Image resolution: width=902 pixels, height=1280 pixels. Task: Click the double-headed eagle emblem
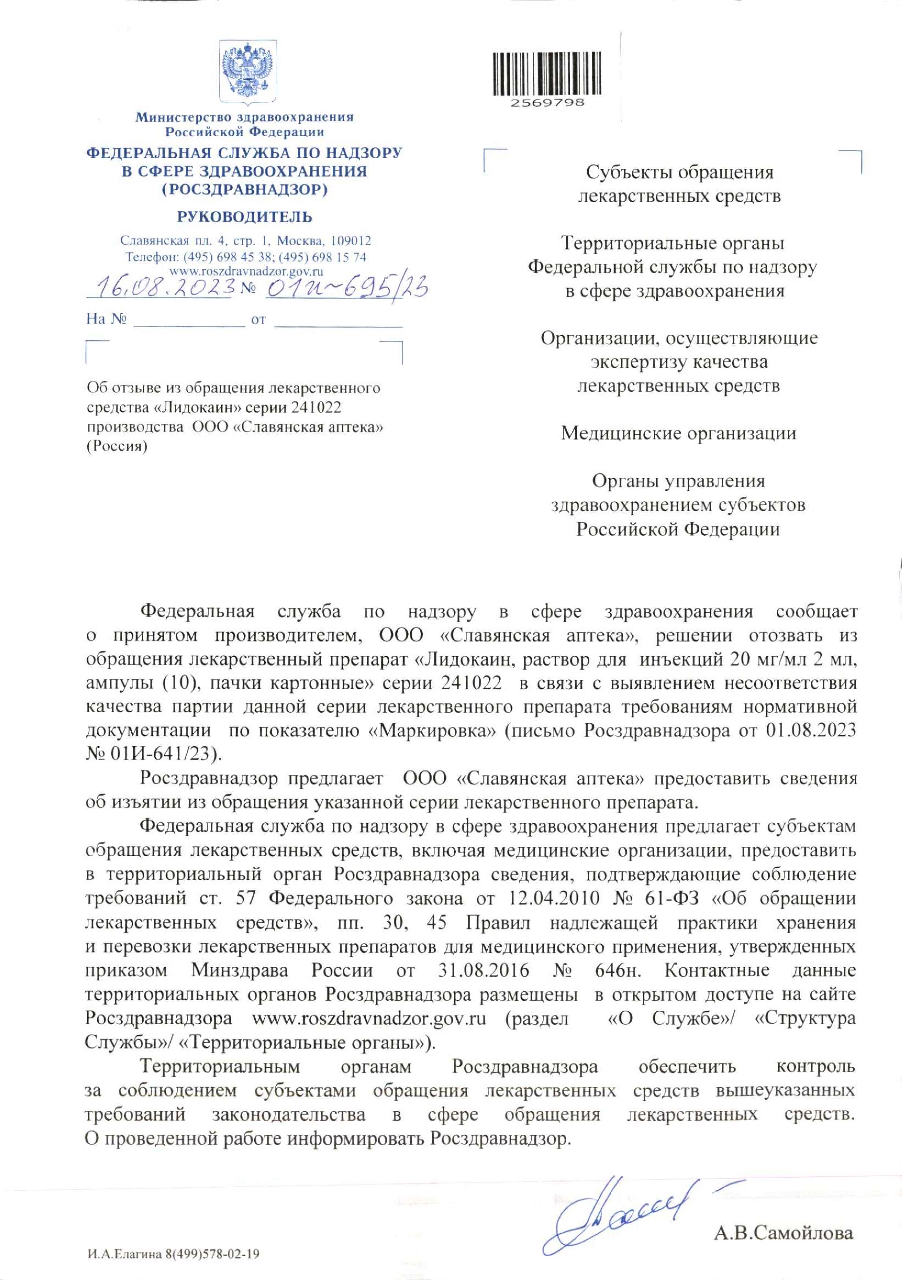click(x=247, y=71)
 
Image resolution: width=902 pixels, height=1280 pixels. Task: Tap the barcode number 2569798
click(x=547, y=103)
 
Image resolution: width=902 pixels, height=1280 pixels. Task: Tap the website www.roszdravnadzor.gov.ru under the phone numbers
click(x=246, y=271)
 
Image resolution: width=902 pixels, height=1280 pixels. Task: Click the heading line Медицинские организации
click(x=678, y=433)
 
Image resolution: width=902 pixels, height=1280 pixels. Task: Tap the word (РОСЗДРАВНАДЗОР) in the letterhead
click(x=245, y=189)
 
